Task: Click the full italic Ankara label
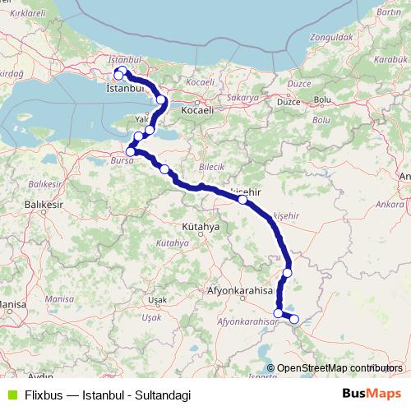coord(381,200)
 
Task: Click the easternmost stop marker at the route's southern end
coord(294,318)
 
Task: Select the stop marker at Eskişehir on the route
coord(242,200)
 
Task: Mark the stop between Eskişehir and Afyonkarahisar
coord(287,273)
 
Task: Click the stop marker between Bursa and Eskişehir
coord(165,170)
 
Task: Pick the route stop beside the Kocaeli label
coord(161,100)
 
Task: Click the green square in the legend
coord(10,394)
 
